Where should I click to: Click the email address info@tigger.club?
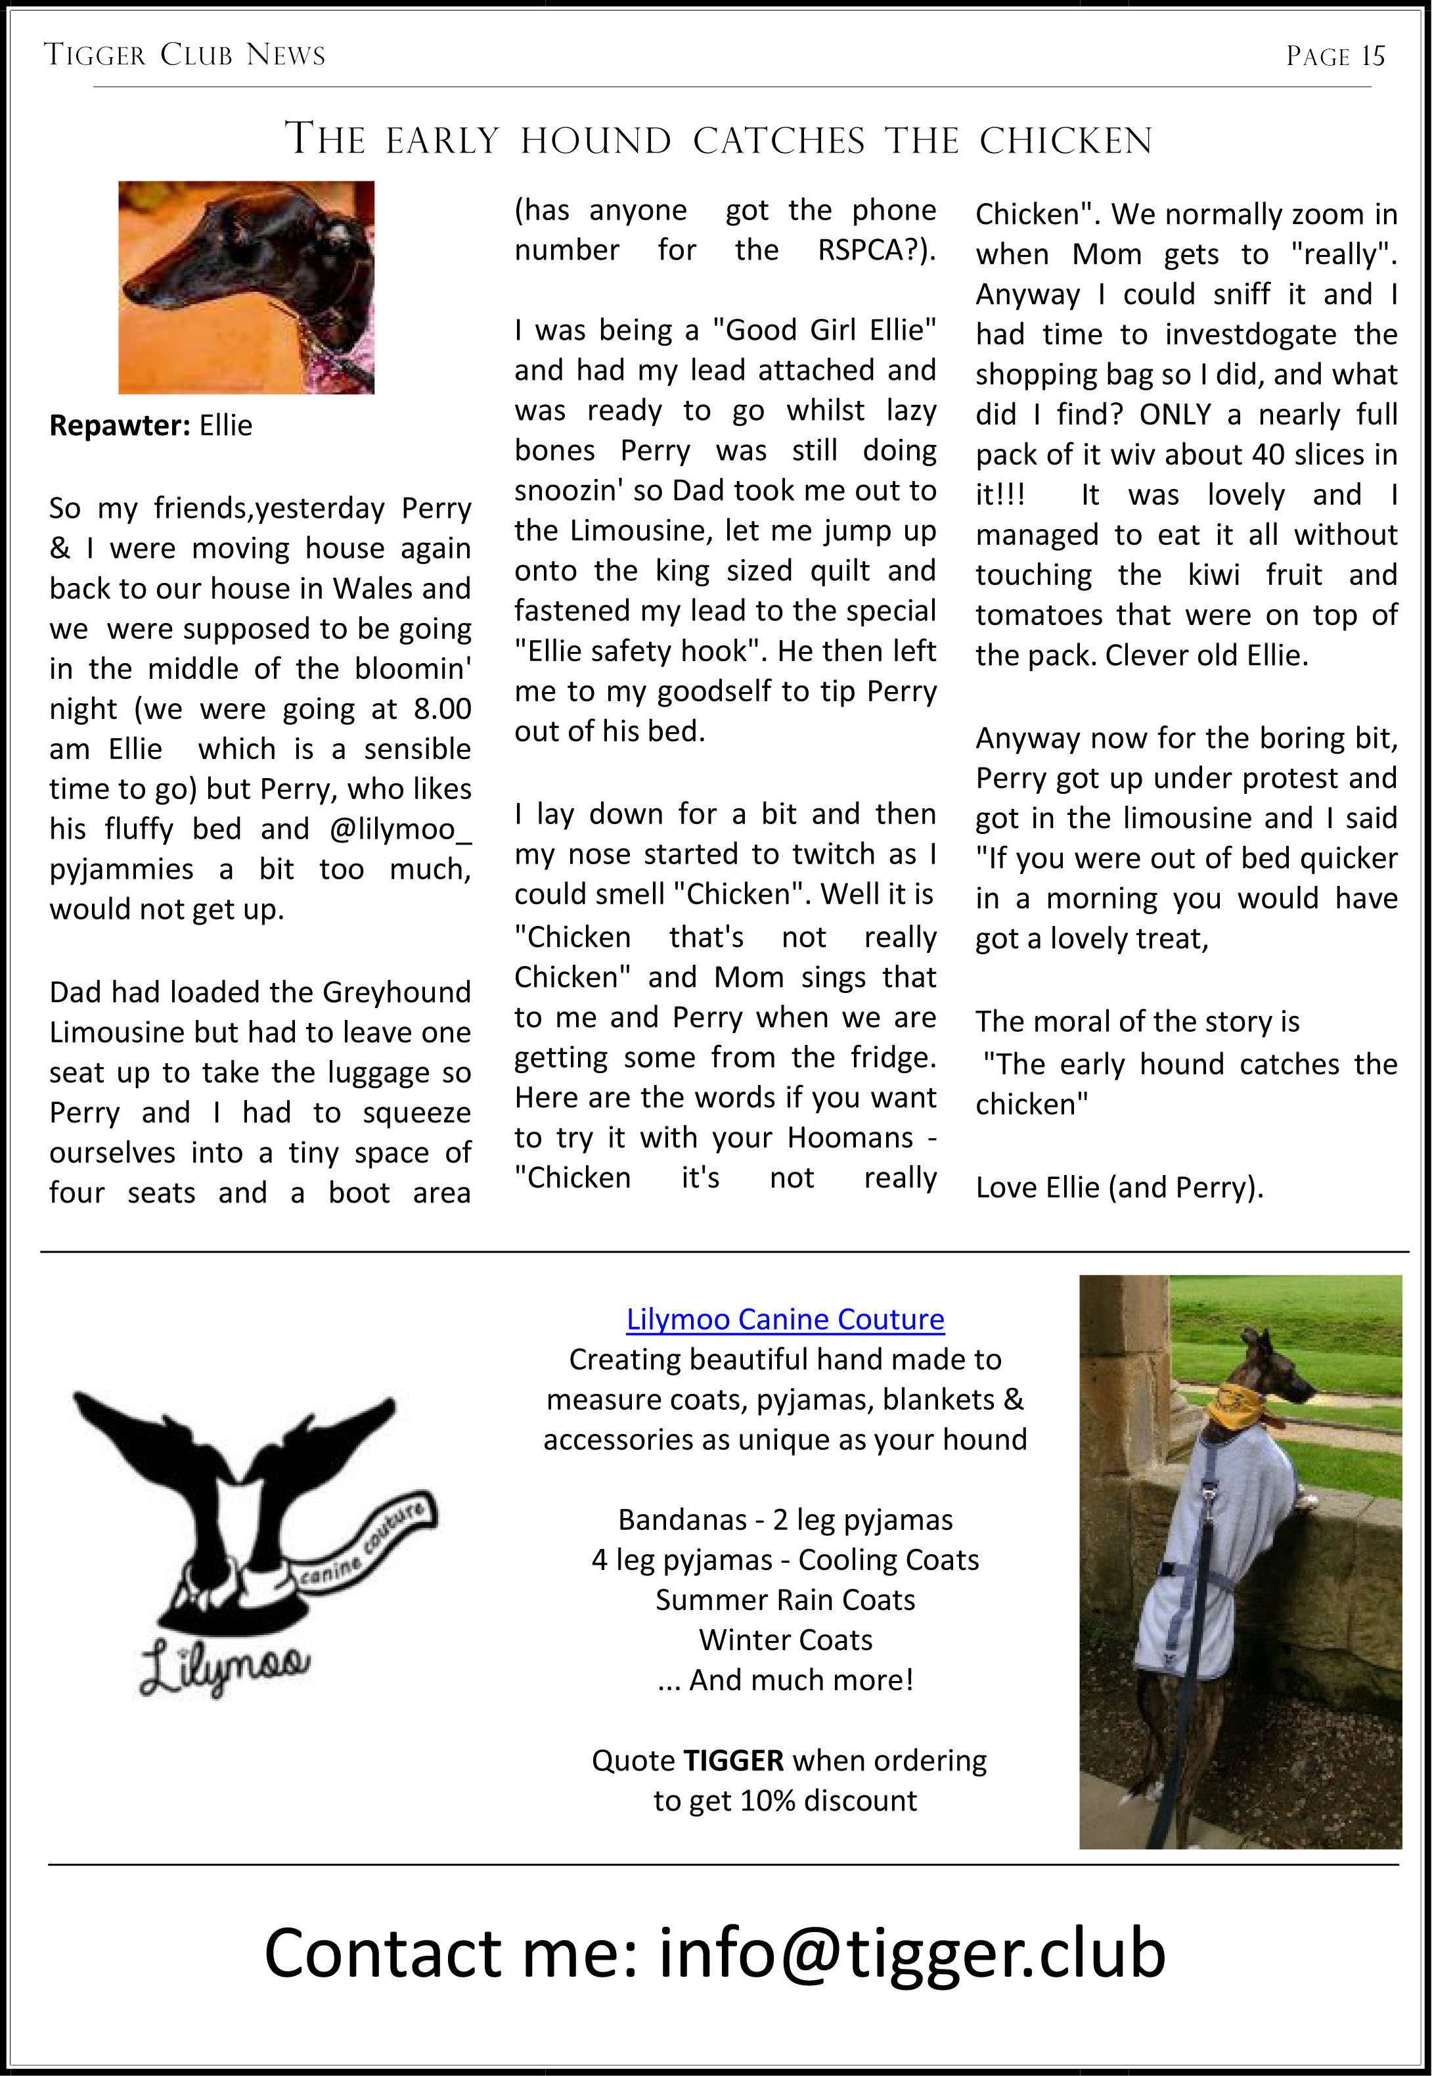click(x=912, y=1954)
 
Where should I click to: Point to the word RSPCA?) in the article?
click(x=876, y=250)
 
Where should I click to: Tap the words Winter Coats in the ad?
click(x=785, y=1640)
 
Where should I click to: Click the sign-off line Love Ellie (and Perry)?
click(x=1119, y=1188)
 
